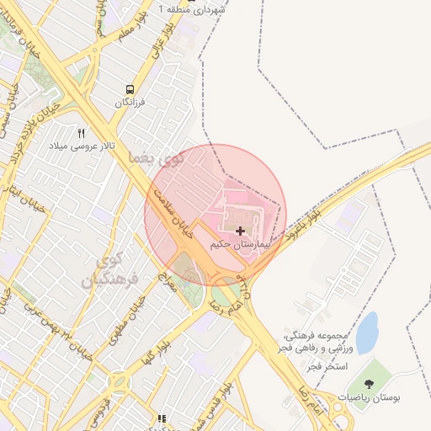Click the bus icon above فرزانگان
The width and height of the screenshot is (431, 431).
[x=130, y=89]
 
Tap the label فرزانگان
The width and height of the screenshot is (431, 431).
[x=131, y=103]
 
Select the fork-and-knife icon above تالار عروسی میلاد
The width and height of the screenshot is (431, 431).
[x=82, y=133]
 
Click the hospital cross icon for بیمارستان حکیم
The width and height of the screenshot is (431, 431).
[x=242, y=230]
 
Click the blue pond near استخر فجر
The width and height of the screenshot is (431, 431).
[x=367, y=333]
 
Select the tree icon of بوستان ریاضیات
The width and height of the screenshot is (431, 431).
[x=369, y=383]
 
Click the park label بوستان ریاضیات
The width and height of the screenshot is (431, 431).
[x=368, y=396]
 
